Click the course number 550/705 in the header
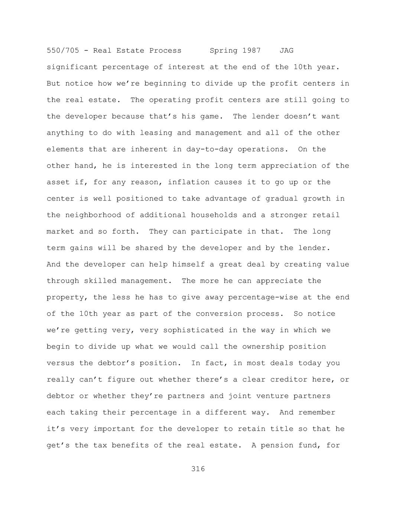pos(63,50)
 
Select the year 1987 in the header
pos(251,50)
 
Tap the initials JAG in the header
pos(286,50)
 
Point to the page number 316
pos(198,469)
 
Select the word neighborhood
pos(93,215)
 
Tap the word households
pos(214,215)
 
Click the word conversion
pos(219,314)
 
